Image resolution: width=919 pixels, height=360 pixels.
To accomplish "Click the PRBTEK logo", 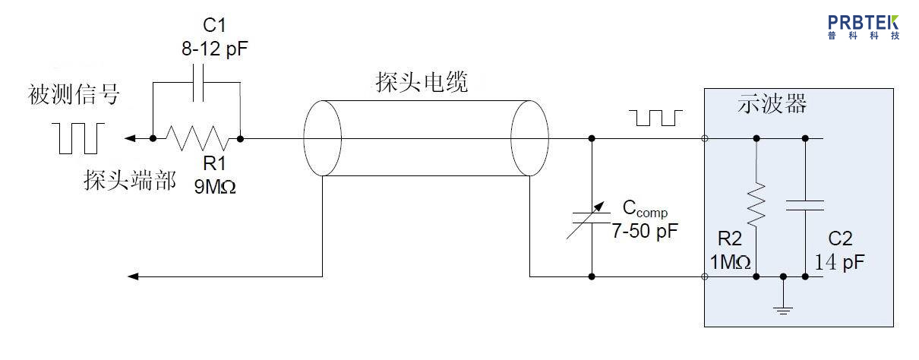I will pyautogui.click(x=864, y=27).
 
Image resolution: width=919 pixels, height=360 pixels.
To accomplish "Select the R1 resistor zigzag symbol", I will pyautogui.click(x=197, y=138).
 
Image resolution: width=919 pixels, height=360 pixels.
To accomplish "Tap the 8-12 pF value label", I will pyautogui.click(x=215, y=50).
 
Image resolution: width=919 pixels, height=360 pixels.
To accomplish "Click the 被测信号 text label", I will pyautogui.click(x=74, y=95).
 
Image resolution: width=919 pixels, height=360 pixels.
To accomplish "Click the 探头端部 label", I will pyautogui.click(x=129, y=181).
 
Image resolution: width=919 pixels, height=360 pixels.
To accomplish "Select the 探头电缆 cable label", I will pyautogui.click(x=422, y=81).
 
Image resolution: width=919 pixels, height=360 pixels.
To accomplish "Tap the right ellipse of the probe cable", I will pyautogui.click(x=529, y=138).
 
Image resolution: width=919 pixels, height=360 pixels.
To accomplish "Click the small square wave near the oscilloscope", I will pyautogui.click(x=657, y=118).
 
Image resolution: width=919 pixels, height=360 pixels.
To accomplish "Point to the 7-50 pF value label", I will pyautogui.click(x=645, y=232).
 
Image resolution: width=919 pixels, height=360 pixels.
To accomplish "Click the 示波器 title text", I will pyautogui.click(x=772, y=105).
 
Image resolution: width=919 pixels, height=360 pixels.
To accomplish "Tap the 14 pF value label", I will pyautogui.click(x=840, y=263).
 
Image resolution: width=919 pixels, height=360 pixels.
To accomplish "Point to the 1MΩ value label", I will pyautogui.click(x=731, y=263).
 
